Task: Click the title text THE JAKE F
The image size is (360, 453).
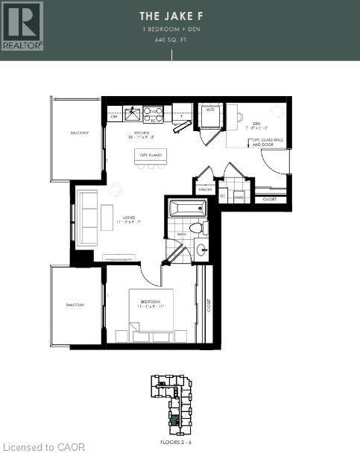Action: coord(172,16)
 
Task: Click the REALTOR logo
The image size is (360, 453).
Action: coord(22,25)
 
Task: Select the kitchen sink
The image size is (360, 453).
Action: coord(133,114)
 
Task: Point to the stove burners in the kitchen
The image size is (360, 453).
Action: coord(154,114)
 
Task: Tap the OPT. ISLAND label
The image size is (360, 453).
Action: coord(151,155)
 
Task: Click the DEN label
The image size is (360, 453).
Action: coord(255,124)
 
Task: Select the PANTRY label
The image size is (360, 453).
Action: coord(205,190)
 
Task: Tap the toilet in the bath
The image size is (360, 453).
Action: coord(197,228)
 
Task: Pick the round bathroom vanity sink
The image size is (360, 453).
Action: coord(203,250)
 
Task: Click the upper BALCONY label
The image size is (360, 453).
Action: coord(80,133)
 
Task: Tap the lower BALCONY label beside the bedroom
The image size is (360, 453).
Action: coord(75,305)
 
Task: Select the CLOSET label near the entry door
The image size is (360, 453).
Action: coord(269,199)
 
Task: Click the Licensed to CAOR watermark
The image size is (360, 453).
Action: coord(44,447)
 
